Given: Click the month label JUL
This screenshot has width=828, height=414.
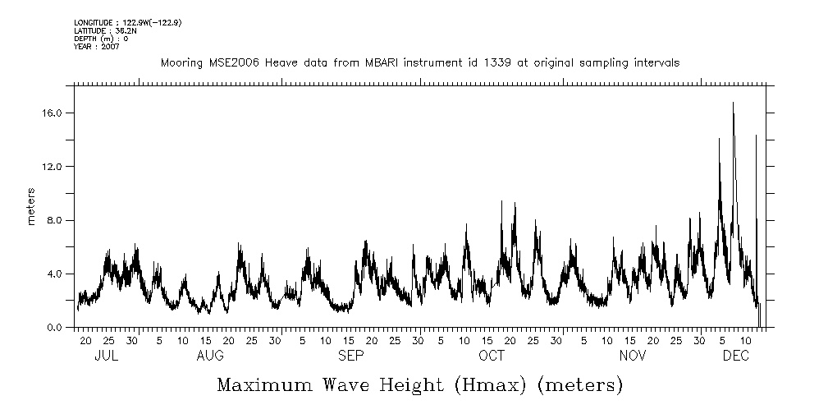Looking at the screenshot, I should click(x=108, y=356).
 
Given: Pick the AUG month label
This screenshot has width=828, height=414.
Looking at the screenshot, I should click(x=210, y=356).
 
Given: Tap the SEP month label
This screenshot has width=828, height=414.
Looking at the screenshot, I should click(x=351, y=356).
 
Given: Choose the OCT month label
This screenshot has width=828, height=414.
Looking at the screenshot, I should click(x=492, y=356).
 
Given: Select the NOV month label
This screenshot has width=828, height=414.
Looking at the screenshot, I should click(x=633, y=356).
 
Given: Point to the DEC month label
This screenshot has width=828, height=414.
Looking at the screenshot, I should click(x=734, y=356).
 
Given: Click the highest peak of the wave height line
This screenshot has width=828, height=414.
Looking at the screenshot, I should click(x=733, y=103).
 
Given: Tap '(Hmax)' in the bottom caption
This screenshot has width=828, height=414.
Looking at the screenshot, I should click(x=478, y=384).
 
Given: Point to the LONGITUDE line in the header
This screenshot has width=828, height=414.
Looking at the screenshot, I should click(x=127, y=22).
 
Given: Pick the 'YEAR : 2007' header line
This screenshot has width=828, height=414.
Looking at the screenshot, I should click(x=97, y=47).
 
